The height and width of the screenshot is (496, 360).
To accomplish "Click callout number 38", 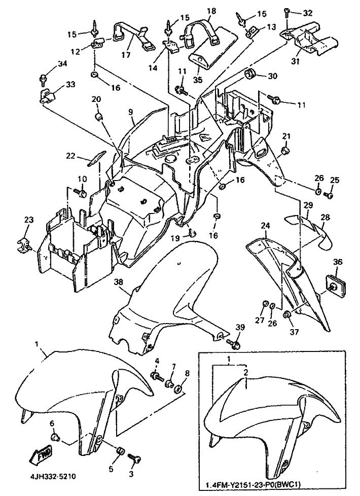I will (118, 282).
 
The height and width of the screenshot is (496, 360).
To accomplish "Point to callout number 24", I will (265, 225).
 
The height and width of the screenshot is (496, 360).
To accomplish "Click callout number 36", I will (338, 262).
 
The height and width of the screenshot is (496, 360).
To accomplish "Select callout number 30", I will (273, 77).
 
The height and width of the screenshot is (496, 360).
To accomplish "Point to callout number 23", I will (29, 220).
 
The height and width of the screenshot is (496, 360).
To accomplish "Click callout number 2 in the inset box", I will (245, 372).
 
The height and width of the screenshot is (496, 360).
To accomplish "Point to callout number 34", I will (48, 64).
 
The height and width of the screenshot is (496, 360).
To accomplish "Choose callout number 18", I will (211, 11).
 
